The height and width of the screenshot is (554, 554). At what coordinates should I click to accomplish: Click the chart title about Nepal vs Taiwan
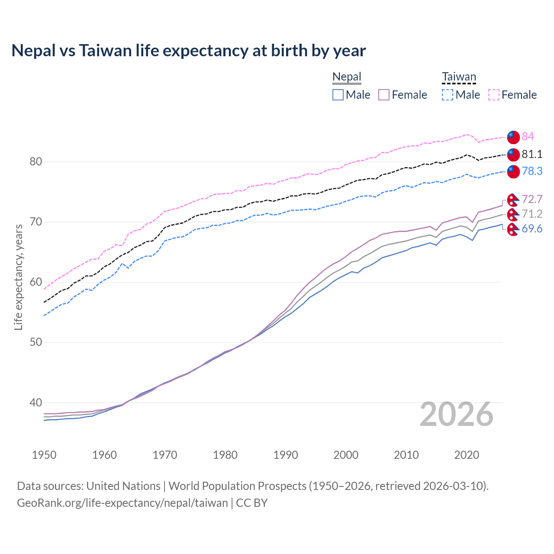(189, 51)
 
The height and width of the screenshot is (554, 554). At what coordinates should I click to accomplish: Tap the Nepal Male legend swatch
(338, 95)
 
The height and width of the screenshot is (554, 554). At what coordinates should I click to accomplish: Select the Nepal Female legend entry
(403, 95)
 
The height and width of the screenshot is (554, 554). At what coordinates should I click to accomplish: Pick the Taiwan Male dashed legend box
(448, 95)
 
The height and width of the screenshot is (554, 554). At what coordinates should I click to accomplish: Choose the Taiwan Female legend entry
(512, 95)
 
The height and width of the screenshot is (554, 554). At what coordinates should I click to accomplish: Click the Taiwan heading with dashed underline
(459, 77)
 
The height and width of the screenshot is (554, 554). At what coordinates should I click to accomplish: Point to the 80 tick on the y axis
(36, 162)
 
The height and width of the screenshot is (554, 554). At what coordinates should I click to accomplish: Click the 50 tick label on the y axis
(36, 342)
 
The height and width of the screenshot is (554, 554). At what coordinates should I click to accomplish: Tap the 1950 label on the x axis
(44, 455)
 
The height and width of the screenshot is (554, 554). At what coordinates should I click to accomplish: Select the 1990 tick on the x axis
(286, 455)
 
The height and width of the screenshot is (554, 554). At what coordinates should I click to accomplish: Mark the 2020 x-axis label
(467, 455)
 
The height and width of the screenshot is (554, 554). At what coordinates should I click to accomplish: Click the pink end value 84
(528, 137)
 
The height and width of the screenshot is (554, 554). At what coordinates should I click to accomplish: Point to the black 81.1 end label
(531, 154)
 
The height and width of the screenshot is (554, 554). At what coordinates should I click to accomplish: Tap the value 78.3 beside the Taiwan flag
(531, 171)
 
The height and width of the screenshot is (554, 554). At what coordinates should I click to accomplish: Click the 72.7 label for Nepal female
(531, 199)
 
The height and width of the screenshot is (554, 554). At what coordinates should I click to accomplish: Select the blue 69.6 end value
(531, 229)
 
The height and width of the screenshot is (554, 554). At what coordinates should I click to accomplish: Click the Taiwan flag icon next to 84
(513, 137)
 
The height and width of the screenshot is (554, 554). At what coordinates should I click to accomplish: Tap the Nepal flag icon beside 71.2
(513, 214)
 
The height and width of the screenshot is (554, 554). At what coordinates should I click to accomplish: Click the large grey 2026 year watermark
(457, 415)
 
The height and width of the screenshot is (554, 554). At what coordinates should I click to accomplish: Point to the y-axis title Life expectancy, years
(19, 277)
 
